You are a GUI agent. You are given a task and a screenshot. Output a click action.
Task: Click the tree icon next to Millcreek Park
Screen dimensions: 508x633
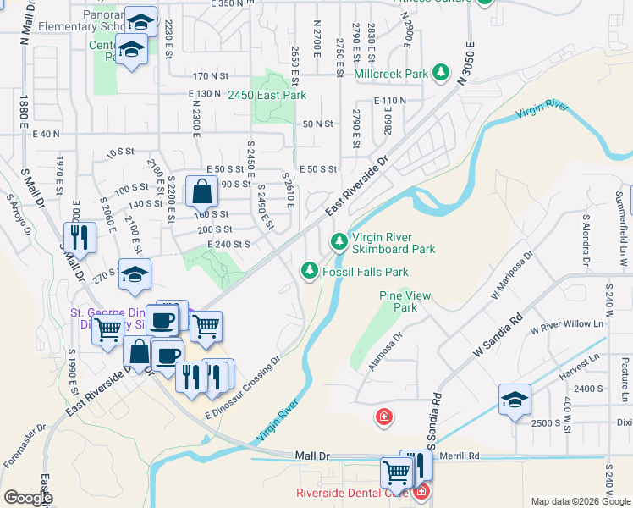441,74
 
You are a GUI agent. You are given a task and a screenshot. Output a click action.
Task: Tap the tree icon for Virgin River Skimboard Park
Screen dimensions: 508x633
339,243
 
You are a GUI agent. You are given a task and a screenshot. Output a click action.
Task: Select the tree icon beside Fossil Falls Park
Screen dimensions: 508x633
310,271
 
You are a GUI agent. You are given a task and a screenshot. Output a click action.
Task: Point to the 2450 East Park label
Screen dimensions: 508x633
267,95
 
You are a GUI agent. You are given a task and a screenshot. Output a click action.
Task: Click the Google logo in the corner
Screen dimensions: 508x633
28,498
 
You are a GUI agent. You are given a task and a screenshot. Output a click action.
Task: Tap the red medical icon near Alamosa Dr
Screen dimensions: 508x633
383,417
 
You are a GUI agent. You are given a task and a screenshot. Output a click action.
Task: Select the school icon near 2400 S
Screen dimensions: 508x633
515,400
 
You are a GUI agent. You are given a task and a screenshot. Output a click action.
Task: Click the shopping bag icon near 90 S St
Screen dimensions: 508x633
201,193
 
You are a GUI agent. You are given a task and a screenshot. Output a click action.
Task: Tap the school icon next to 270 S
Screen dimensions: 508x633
135,273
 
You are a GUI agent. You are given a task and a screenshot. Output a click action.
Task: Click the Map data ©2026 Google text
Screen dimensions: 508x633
580,501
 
